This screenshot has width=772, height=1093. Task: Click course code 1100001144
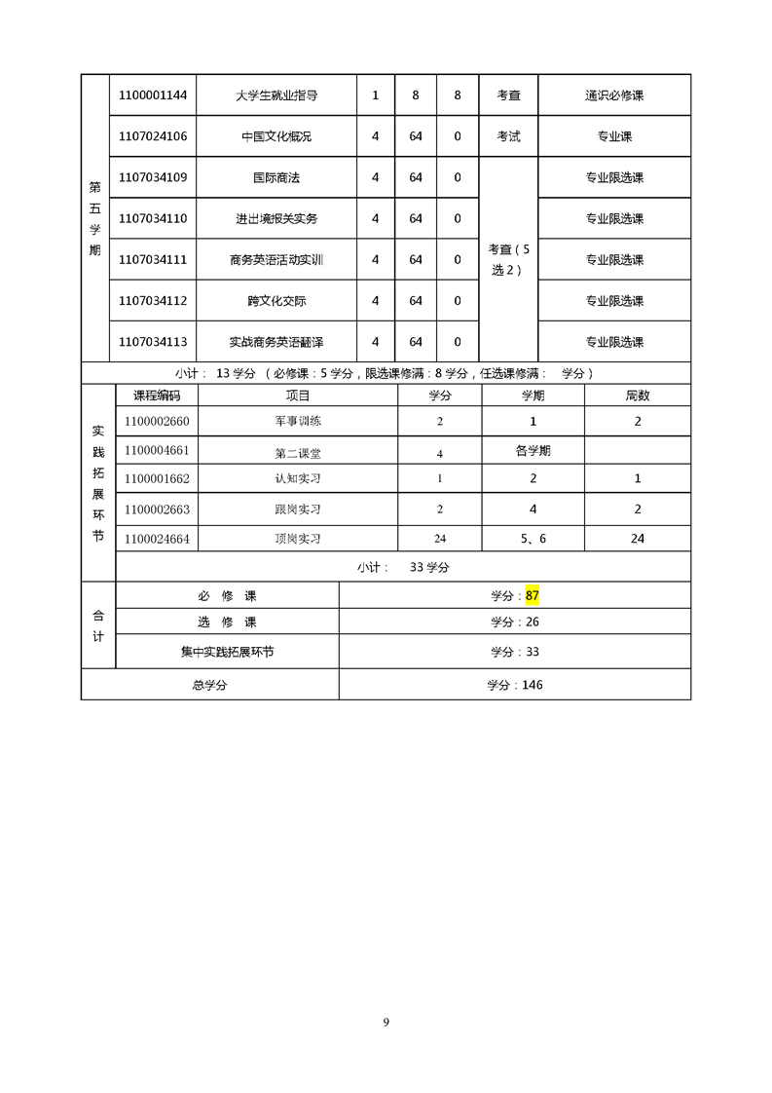pyautogui.click(x=153, y=95)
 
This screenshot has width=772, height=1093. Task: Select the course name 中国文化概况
pyautogui.click(x=276, y=136)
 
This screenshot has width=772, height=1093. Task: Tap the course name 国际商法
pyautogui.click(x=276, y=177)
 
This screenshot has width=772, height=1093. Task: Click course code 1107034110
pyautogui.click(x=153, y=218)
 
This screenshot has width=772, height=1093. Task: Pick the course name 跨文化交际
pyautogui.click(x=276, y=301)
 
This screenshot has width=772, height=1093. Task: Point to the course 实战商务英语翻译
pyautogui.click(x=276, y=342)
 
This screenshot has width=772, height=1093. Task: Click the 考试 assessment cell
pyautogui.click(x=508, y=136)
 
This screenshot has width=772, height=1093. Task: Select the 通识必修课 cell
pyautogui.click(x=614, y=95)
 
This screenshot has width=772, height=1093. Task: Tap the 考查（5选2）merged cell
pyautogui.click(x=508, y=259)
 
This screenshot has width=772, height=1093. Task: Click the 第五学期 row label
pyautogui.click(x=94, y=217)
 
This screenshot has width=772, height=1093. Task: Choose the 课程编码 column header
pyautogui.click(x=156, y=396)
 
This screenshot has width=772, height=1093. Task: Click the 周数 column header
pyautogui.click(x=638, y=396)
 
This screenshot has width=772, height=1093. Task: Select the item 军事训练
pyautogui.click(x=298, y=422)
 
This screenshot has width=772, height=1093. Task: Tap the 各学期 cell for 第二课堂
pyautogui.click(x=533, y=451)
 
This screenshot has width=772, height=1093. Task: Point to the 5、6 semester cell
pyautogui.click(x=533, y=538)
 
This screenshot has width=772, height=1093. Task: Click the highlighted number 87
pyautogui.click(x=532, y=595)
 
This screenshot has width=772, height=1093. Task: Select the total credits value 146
pyautogui.click(x=532, y=685)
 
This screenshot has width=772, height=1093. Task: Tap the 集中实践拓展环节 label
pyautogui.click(x=227, y=652)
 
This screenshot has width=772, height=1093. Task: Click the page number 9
pyautogui.click(x=386, y=1022)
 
